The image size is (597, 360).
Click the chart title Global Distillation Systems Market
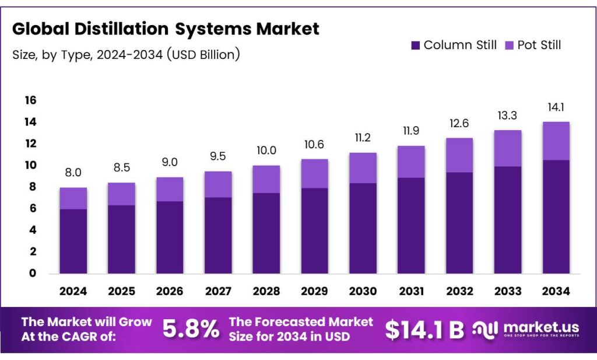coord(166,29)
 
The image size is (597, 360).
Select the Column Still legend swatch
coord(415,46)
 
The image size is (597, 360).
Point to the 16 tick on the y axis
coord(30,100)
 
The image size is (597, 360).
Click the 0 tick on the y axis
coord(33,273)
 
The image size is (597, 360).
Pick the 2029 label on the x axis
coord(315,291)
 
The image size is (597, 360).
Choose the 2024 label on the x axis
coord(73,291)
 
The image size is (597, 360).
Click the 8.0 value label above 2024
coord(73,173)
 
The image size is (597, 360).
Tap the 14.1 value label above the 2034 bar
coord(556,107)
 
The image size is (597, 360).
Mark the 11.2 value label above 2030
coord(363,138)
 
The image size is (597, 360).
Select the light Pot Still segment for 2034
coord(556,141)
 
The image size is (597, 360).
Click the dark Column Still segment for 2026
coord(170,237)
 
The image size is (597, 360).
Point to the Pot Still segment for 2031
coord(411,162)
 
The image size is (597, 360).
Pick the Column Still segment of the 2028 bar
coord(266,233)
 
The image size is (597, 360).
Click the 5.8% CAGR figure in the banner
coord(191,330)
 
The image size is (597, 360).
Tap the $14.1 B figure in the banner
coord(424,330)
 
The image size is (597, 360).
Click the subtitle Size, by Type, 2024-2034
coord(126,55)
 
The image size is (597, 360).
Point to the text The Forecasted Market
coord(301,322)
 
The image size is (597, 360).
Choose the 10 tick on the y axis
coord(30,165)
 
